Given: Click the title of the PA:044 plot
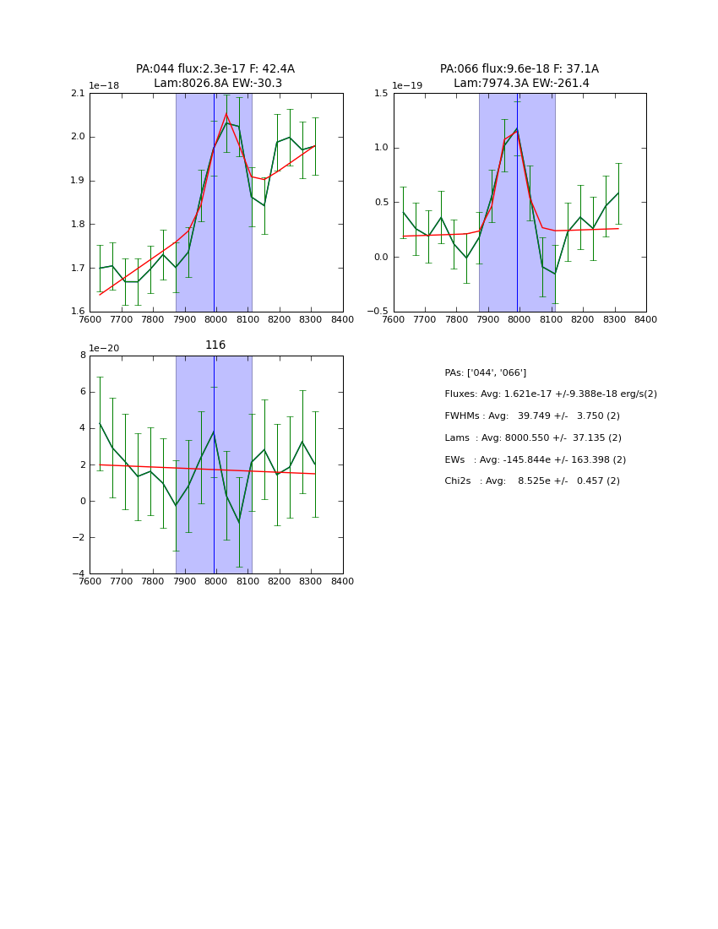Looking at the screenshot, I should click(215, 76).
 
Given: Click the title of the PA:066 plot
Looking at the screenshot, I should click(519, 76).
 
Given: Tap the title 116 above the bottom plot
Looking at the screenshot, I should click(215, 345).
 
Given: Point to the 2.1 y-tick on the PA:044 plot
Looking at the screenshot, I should click(78, 94).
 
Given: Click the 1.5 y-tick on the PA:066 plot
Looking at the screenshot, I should click(381, 94).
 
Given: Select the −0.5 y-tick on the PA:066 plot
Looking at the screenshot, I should click(378, 312).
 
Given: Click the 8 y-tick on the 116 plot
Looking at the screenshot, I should click(83, 356).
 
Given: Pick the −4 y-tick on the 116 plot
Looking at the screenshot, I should click(79, 574).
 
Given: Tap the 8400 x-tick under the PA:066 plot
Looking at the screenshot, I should click(646, 319).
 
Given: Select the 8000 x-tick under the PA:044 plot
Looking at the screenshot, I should click(216, 319).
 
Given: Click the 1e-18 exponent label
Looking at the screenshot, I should click(104, 86).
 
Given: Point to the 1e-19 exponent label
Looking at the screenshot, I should click(407, 86).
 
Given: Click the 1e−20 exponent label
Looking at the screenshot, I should click(105, 349).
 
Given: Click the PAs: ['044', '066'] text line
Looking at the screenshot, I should click(486, 372).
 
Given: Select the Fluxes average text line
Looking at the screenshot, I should click(551, 394).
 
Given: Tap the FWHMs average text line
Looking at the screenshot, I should click(532, 416).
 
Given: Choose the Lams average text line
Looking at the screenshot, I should click(533, 437).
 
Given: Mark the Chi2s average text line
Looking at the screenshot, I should click(532, 481).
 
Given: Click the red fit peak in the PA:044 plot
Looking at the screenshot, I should click(226, 113).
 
